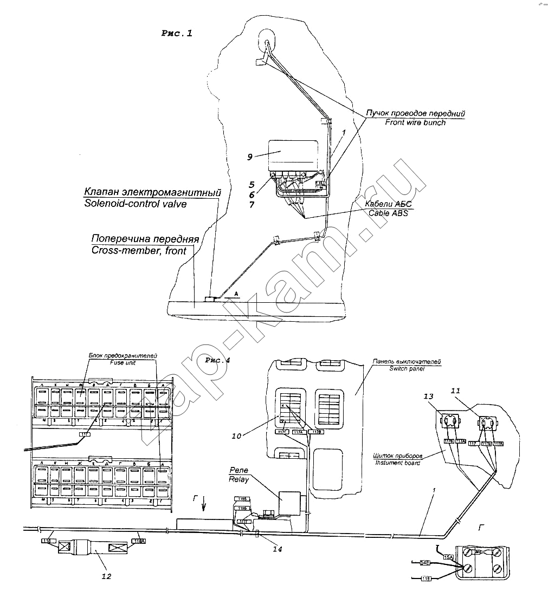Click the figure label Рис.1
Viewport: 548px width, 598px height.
pyautogui.click(x=177, y=33)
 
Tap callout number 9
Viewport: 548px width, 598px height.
pyautogui.click(x=249, y=157)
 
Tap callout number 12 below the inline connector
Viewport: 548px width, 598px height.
pyautogui.click(x=106, y=576)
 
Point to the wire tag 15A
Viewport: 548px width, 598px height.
pyautogui.click(x=448, y=557)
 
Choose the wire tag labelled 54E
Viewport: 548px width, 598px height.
pyautogui.click(x=425, y=563)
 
